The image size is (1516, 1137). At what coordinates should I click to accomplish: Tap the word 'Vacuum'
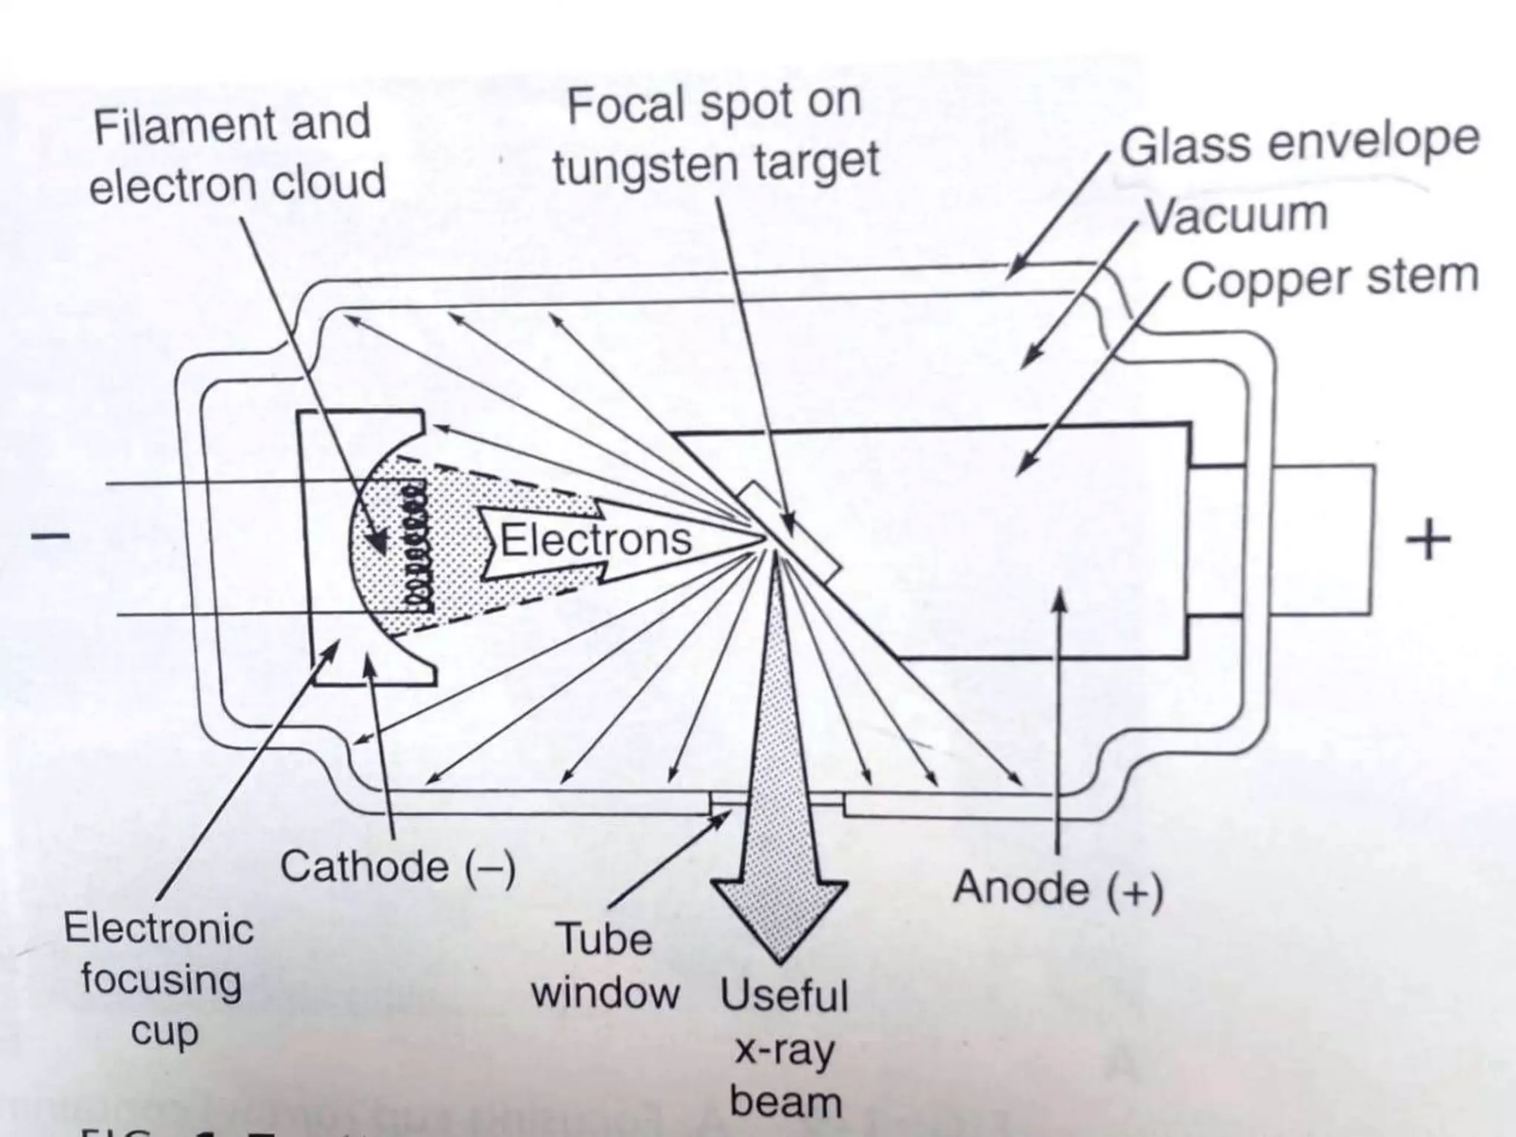(x=1235, y=215)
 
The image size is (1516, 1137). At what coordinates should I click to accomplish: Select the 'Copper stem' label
(x=1329, y=278)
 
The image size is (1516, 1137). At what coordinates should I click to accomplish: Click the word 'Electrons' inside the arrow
(x=596, y=540)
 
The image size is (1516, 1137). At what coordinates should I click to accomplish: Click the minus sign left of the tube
(x=50, y=534)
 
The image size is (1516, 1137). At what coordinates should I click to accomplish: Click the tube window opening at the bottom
(x=777, y=801)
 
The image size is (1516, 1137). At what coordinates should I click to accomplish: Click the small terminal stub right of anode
(x=1321, y=540)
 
